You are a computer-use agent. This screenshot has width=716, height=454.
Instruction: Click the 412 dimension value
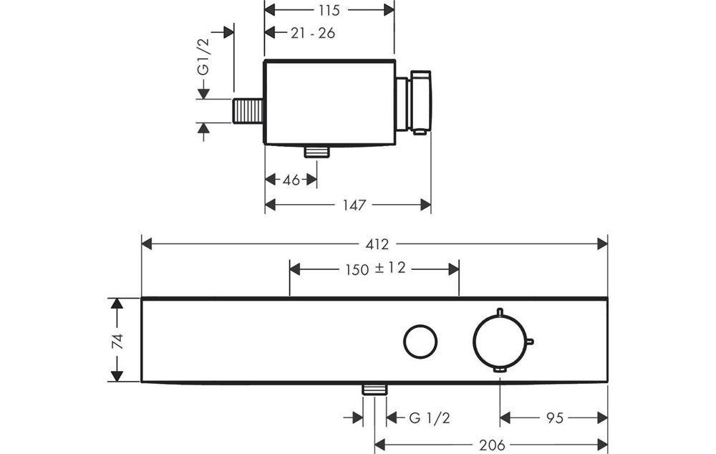(x=377, y=244)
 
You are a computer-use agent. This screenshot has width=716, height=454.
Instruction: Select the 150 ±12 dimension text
(x=375, y=269)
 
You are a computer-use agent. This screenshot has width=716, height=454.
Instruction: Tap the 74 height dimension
(x=118, y=341)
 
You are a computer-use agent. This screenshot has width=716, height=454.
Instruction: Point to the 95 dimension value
(x=554, y=417)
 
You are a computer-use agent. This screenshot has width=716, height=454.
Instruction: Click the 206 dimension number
(x=492, y=445)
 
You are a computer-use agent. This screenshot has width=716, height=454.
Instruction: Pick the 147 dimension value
(x=354, y=205)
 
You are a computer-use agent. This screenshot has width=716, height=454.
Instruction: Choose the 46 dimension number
(x=291, y=180)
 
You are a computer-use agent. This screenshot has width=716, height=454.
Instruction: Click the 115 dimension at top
(x=329, y=10)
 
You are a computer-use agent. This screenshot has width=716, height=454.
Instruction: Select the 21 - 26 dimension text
(x=313, y=33)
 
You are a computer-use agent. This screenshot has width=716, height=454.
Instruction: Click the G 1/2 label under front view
(x=429, y=417)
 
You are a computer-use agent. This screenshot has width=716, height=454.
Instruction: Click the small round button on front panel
(x=420, y=341)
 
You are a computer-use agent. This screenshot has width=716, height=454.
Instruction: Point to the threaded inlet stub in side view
(x=248, y=110)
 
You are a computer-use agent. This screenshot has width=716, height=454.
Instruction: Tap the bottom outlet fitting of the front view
(x=374, y=390)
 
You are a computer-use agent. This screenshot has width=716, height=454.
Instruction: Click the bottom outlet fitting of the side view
(x=317, y=152)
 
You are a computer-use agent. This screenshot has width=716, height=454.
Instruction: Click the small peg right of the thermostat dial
(x=531, y=341)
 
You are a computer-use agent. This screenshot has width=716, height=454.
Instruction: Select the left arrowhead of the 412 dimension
(x=147, y=244)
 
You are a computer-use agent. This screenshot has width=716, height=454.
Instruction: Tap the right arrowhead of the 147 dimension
(x=425, y=205)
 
